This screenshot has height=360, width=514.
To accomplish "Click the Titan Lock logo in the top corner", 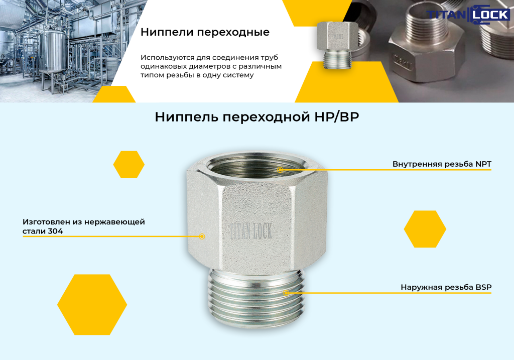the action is [x=468, y=15].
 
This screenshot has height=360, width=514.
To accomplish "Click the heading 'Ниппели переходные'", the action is [x=205, y=32].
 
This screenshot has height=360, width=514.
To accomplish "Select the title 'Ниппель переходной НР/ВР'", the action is [x=256, y=117].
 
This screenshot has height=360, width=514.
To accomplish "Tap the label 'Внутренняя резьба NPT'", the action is [x=442, y=164].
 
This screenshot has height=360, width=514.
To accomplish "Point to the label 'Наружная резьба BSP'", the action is [x=446, y=287].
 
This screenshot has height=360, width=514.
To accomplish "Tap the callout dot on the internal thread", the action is [x=280, y=170].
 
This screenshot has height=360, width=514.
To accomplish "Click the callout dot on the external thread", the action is [x=286, y=293].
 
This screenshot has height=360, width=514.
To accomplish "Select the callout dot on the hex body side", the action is [x=202, y=236].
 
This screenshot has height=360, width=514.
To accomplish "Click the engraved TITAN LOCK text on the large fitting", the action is [x=250, y=231].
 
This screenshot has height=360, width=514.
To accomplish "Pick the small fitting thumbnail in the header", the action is [x=337, y=45].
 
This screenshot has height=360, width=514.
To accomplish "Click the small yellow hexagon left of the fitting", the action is [x=129, y=165].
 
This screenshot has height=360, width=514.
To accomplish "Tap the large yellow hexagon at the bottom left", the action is [x=92, y=305].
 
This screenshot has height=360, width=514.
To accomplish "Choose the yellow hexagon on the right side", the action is [x=425, y=229].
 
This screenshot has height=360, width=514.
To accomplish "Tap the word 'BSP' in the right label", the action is [x=483, y=287].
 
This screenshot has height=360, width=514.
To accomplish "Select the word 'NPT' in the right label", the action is [x=483, y=164].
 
